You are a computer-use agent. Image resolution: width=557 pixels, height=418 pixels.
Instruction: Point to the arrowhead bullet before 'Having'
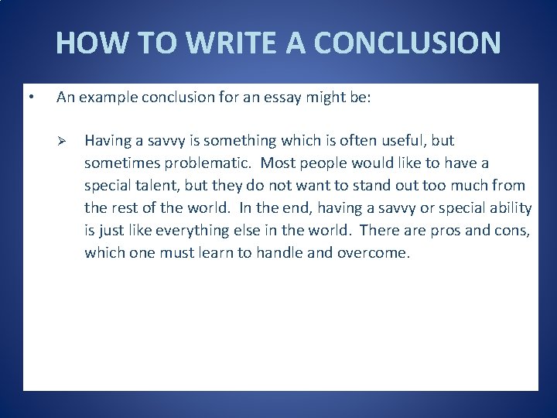coord(65,141)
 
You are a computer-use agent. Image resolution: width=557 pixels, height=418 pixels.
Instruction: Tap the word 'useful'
coord(405,141)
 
